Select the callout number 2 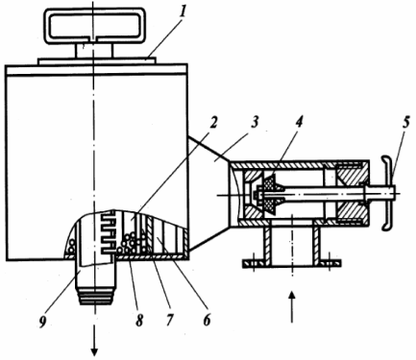[x=214, y=122]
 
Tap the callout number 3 [x=255, y=122]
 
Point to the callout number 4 [x=299, y=122]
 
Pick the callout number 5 [x=406, y=124]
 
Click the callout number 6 [x=207, y=320]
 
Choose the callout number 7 [x=169, y=320]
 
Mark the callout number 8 [x=139, y=320]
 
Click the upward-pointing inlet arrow [x=291, y=308]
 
